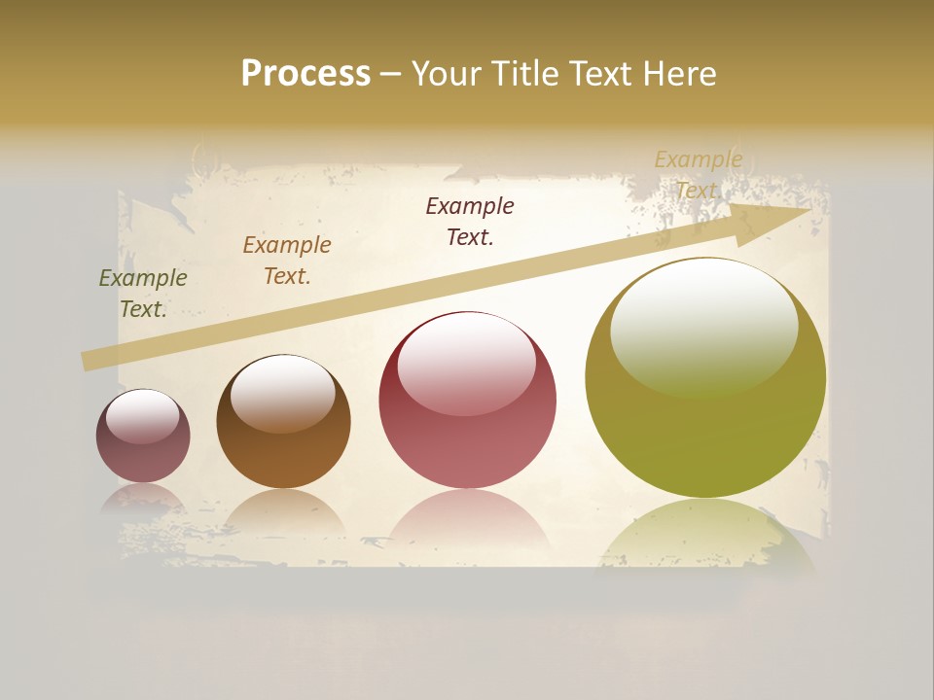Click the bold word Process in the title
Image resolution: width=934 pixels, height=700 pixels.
pyautogui.click(x=305, y=74)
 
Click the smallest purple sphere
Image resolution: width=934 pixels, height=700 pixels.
pyautogui.click(x=143, y=436)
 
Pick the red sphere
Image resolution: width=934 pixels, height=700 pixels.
pyautogui.click(x=468, y=401)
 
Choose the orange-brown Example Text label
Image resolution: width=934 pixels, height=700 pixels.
pyautogui.click(x=287, y=261)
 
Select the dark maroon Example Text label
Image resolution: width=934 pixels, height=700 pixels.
pyautogui.click(x=470, y=222)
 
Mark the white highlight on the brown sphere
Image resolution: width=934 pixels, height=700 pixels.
pyautogui.click(x=283, y=391)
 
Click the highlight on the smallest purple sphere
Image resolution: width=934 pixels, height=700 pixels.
pyautogui.click(x=143, y=416)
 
